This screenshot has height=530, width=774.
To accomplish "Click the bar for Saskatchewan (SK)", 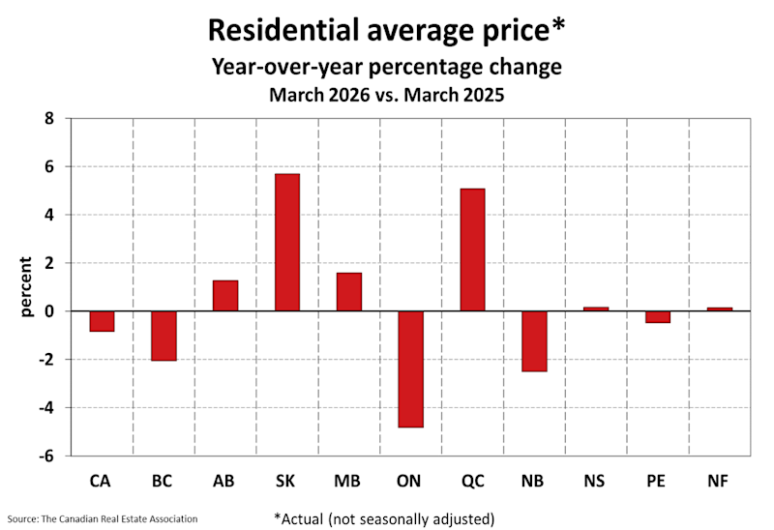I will click(x=287, y=243).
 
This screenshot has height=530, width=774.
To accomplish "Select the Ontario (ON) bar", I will click(x=410, y=368).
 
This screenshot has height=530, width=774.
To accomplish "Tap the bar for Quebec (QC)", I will click(x=472, y=250).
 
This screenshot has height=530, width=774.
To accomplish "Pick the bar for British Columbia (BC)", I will click(x=164, y=336).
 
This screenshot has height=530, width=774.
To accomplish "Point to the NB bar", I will click(x=534, y=341).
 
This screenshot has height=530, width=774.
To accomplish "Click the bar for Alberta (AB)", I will click(x=225, y=296).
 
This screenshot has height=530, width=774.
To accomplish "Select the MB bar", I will click(x=349, y=292).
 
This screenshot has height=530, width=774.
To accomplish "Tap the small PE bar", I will click(x=658, y=316).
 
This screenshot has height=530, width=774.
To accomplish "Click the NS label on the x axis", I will click(x=596, y=481).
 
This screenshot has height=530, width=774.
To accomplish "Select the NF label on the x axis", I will click(x=719, y=481).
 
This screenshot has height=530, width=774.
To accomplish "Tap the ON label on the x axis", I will click(x=410, y=481).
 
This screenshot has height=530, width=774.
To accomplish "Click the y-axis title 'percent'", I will click(x=26, y=286).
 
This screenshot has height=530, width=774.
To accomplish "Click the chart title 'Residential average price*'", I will click(x=387, y=30).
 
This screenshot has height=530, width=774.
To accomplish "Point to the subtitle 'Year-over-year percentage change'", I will click(x=387, y=68).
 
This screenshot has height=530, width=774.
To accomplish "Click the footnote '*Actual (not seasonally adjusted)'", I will click(x=385, y=517).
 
